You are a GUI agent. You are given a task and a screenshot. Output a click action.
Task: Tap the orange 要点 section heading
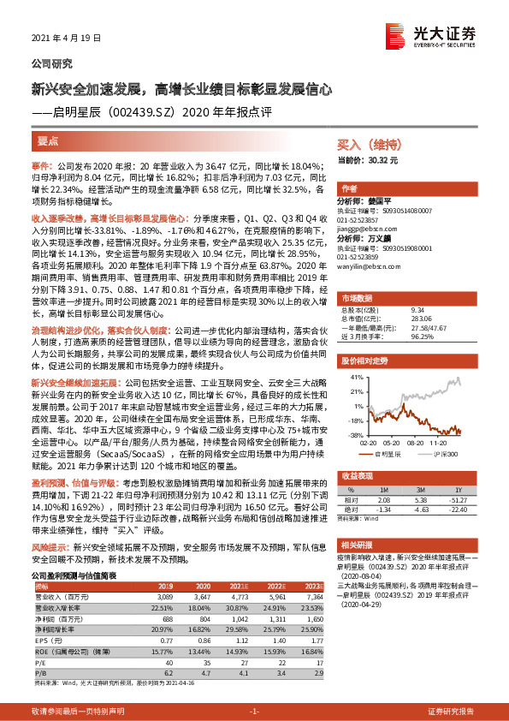tap(49, 140)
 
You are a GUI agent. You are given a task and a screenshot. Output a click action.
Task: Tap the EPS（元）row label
tap(48, 639)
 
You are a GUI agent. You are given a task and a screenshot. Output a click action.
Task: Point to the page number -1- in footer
tap(254, 712)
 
